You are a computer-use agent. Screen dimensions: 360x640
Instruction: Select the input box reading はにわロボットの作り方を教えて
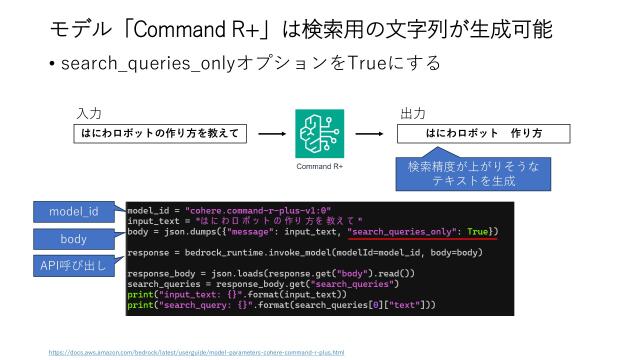[159, 132]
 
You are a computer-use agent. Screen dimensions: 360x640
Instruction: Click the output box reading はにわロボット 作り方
[484, 133]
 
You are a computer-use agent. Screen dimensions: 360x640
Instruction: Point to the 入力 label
[89, 114]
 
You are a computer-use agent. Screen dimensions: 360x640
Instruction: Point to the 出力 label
[412, 114]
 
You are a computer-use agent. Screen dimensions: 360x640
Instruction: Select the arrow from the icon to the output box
[368, 132]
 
